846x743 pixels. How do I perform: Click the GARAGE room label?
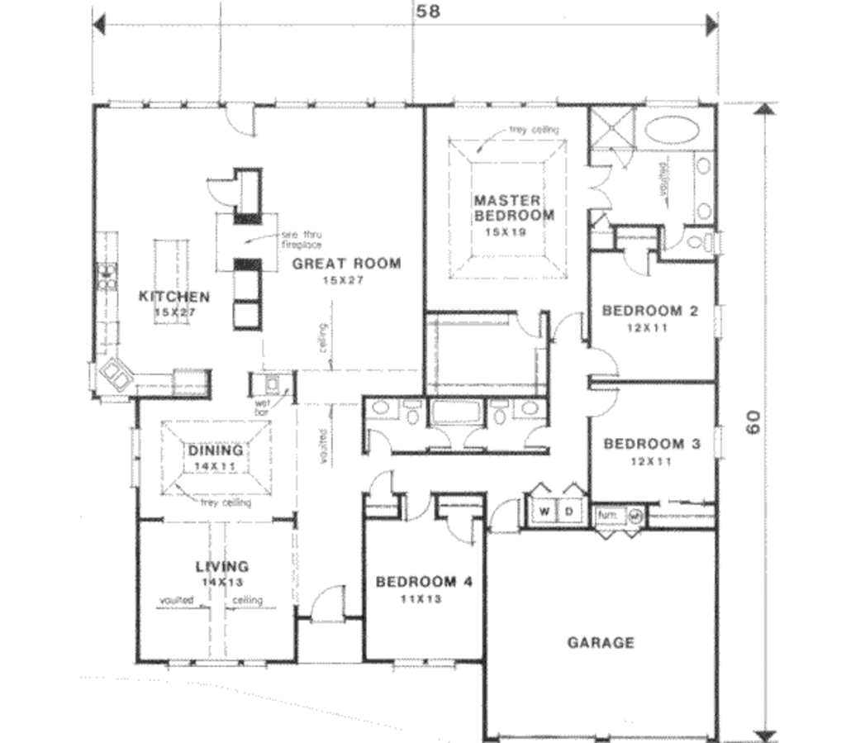pos(601,642)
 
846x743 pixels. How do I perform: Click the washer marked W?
pos(544,512)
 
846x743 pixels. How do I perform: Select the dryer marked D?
pos(570,512)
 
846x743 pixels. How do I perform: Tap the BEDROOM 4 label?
pos(424,582)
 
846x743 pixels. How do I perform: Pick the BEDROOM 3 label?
pos(652,444)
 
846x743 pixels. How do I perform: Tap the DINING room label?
pos(215,450)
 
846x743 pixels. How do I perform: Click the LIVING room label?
pos(221,567)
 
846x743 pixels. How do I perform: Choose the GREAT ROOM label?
pos(347,264)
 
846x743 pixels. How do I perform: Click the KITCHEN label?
pos(173,297)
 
